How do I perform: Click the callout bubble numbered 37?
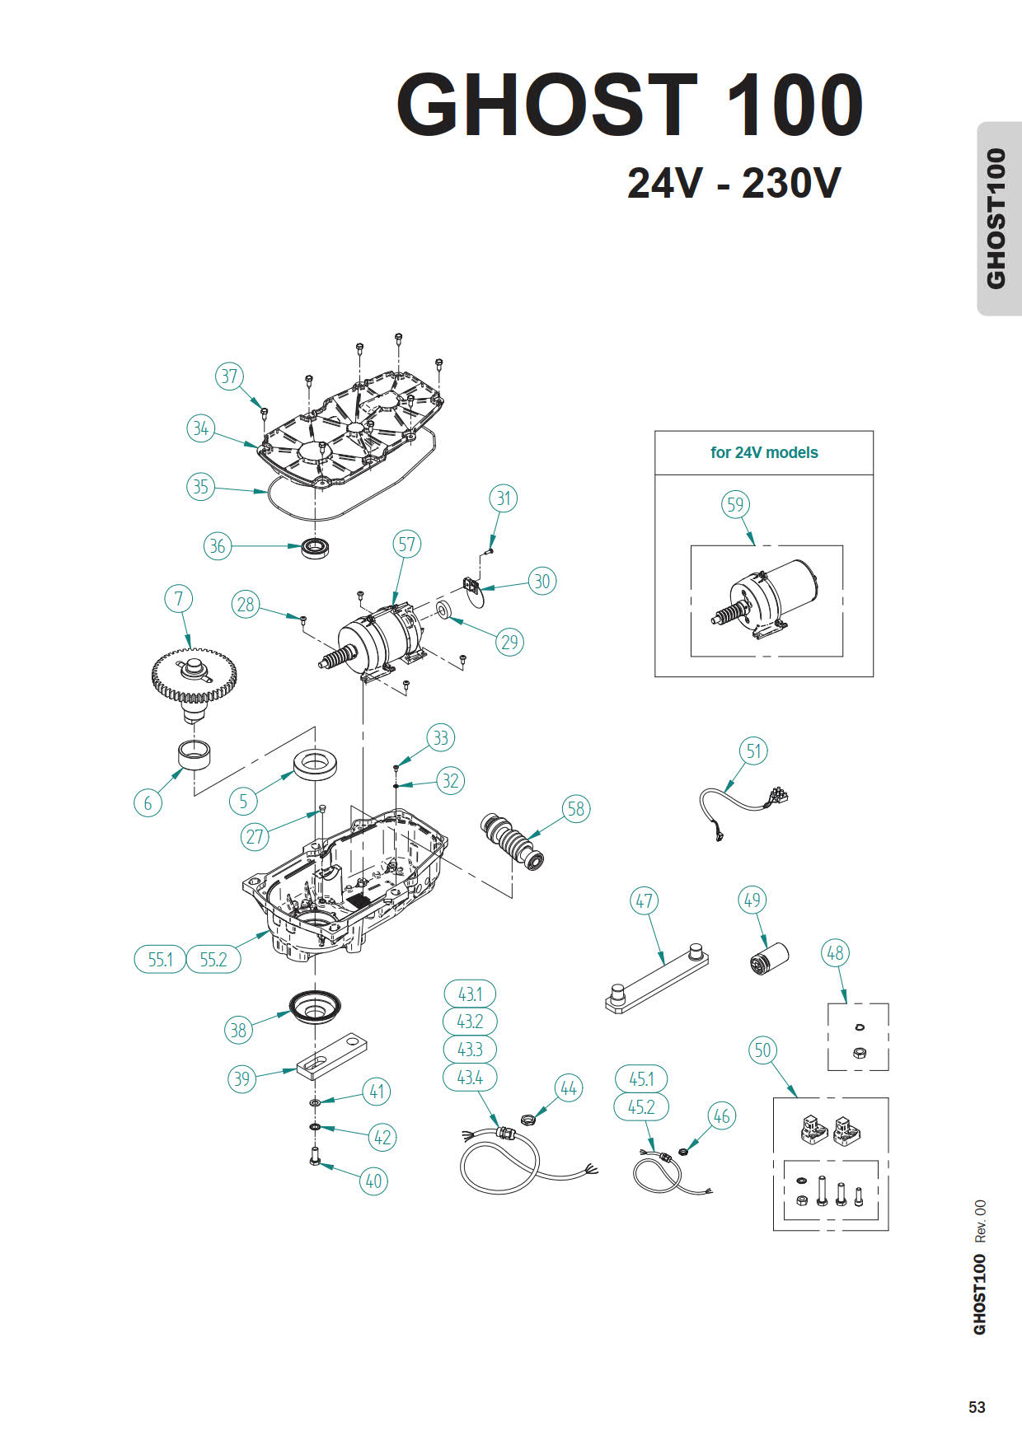click(229, 376)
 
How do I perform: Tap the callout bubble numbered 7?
click(179, 598)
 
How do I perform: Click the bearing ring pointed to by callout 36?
click(314, 547)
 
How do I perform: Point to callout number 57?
click(407, 544)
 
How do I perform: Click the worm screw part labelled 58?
click(511, 841)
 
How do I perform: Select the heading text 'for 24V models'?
click(764, 452)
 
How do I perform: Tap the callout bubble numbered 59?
click(735, 504)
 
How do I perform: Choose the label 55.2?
click(213, 959)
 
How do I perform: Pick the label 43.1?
click(470, 994)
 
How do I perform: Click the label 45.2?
click(641, 1106)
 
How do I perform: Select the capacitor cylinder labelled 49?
click(768, 959)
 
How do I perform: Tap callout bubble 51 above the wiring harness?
click(753, 751)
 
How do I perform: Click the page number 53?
click(977, 1407)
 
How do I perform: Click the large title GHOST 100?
click(630, 105)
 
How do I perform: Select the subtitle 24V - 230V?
click(734, 183)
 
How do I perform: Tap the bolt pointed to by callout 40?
click(314, 1157)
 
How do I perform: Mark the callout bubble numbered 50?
click(762, 1050)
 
